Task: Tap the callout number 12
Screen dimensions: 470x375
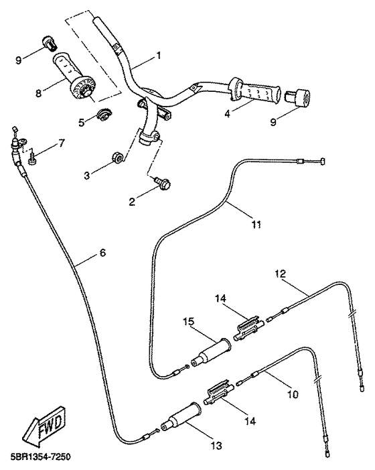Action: pos(281,274)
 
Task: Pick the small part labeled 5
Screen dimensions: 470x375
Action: pos(104,115)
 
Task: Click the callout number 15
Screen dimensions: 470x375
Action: pos(189,321)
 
